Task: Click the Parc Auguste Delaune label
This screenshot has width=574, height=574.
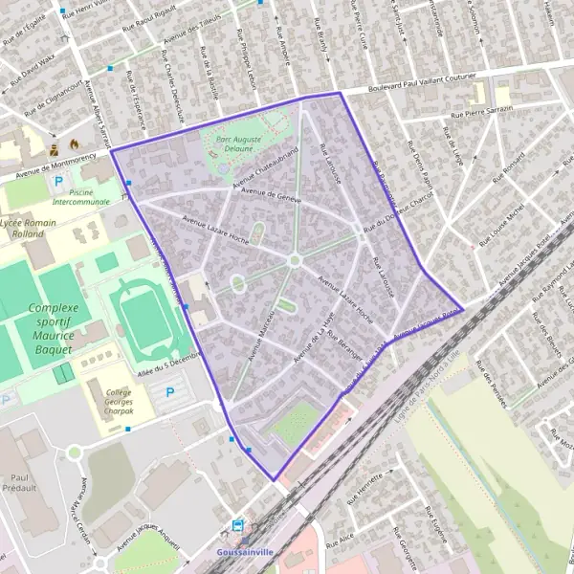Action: [x=239, y=143]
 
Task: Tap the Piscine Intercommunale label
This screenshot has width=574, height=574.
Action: [x=80, y=197]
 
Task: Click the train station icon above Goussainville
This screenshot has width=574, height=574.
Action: [x=237, y=525]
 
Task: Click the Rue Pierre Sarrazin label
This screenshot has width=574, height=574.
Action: [x=482, y=111]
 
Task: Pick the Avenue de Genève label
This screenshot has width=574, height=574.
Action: [x=272, y=195]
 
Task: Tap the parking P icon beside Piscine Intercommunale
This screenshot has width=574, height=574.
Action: [x=58, y=181]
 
